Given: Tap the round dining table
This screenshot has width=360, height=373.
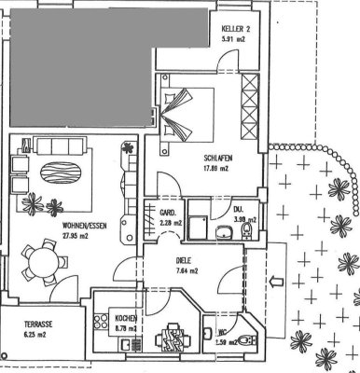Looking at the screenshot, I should coord(44,268).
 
